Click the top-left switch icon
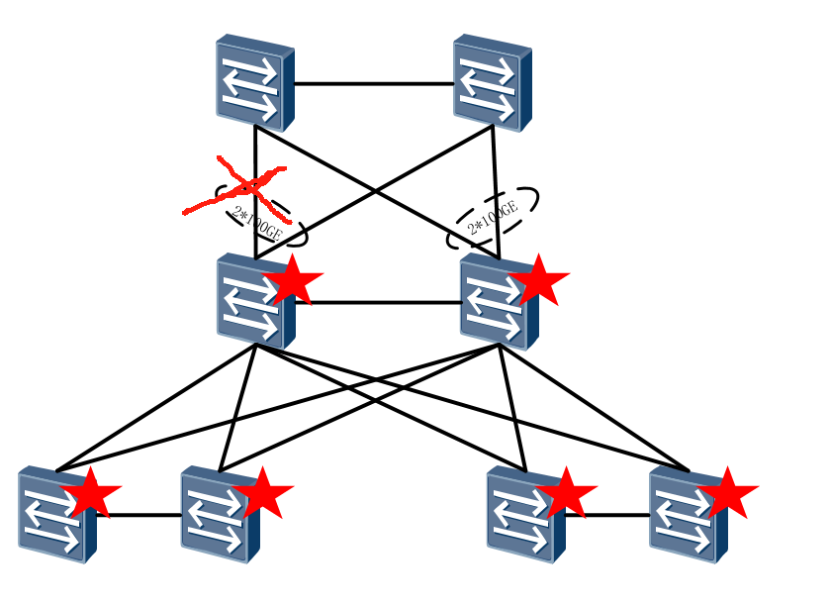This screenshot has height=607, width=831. [x=254, y=83]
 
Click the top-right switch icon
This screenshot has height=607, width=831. [x=492, y=83]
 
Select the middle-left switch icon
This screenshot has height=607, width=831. [x=252, y=302]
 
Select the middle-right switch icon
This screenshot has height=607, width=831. [x=497, y=302]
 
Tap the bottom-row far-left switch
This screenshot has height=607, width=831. [x=55, y=515]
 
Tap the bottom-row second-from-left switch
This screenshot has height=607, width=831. [x=219, y=515]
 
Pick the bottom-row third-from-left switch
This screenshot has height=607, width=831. [x=524, y=515]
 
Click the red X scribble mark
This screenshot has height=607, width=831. [x=237, y=186]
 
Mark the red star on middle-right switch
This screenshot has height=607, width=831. [x=539, y=280]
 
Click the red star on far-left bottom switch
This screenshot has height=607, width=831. [x=92, y=492]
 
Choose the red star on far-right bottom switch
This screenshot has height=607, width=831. [x=729, y=492]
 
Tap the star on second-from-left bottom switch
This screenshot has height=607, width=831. [x=264, y=492]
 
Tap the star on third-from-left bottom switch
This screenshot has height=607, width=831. [x=568, y=492]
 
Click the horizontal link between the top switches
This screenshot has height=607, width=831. [x=374, y=84]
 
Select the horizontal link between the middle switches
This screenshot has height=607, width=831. [x=386, y=303]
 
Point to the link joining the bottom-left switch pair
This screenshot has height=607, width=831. [x=138, y=515]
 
